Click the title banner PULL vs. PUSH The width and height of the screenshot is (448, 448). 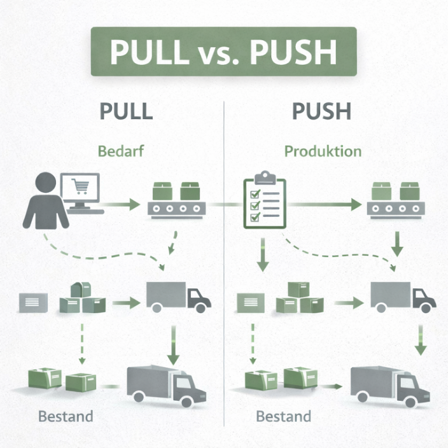click(x=223, y=51)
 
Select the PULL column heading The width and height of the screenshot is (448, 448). click(x=126, y=110)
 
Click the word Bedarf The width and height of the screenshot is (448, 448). click(x=121, y=152)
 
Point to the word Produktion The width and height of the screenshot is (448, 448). click(x=323, y=152)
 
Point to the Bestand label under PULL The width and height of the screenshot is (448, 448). click(x=65, y=416)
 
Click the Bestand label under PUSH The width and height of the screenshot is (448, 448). click(x=283, y=416)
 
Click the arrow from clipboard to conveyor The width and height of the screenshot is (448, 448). click(x=324, y=205)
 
